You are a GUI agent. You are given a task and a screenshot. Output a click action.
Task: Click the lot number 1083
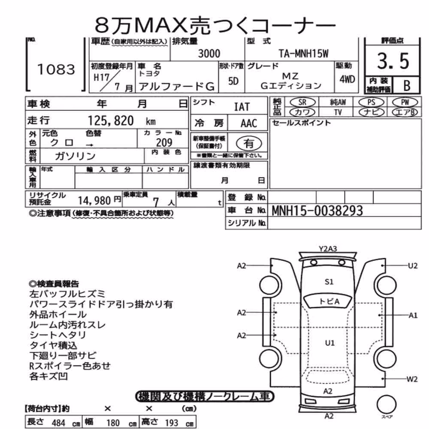(x=56, y=69)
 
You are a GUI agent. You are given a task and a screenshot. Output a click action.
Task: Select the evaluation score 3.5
(x=393, y=61)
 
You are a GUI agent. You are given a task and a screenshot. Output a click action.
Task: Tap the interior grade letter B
(x=407, y=86)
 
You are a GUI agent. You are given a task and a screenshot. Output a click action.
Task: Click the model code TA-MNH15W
(x=303, y=54)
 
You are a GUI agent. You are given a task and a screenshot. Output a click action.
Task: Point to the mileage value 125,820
(x=111, y=121)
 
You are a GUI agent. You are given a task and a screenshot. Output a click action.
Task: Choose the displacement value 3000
(x=209, y=54)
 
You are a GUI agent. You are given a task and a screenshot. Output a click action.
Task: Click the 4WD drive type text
(x=347, y=79)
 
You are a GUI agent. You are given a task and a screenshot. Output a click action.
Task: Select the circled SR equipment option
(x=302, y=103)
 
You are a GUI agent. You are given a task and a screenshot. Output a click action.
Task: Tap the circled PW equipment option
(x=405, y=103)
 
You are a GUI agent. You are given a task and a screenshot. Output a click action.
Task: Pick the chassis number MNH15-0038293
(x=317, y=211)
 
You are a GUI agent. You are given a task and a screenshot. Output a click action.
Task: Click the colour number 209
(x=164, y=142)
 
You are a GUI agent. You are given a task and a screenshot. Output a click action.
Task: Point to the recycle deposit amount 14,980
(x=94, y=201)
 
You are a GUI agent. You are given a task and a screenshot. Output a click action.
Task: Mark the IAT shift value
(x=242, y=107)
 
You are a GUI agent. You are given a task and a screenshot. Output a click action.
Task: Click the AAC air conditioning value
(x=249, y=124)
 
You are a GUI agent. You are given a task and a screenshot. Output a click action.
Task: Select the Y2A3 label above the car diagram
(x=328, y=249)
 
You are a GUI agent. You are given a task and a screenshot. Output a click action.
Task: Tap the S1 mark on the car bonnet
(x=329, y=282)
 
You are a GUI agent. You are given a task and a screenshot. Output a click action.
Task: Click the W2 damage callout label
(x=412, y=379)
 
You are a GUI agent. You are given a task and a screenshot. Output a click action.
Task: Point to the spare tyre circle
(x=387, y=404)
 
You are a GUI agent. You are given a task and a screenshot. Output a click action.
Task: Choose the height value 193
(x=172, y=423)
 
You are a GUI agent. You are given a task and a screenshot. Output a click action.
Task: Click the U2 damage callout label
(x=413, y=266)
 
